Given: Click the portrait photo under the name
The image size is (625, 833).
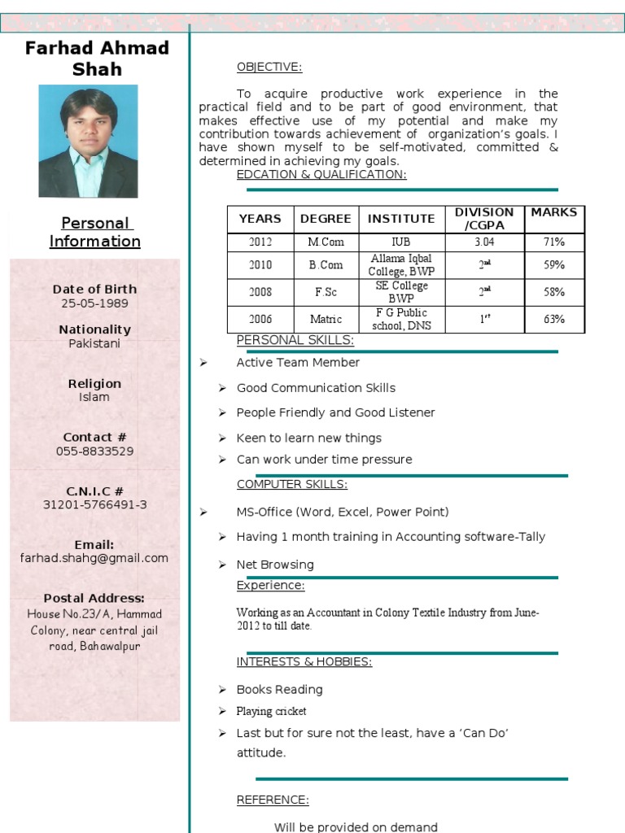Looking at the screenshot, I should coord(88,141).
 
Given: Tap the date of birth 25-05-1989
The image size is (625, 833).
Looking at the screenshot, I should coord(94,303).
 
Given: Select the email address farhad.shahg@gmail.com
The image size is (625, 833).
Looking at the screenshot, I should coord(94,558).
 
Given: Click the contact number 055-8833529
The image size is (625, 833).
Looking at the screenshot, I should coord(94,451).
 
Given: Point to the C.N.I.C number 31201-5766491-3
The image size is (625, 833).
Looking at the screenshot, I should coord(94,504).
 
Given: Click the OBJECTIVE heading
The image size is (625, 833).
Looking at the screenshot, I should coord(269,67).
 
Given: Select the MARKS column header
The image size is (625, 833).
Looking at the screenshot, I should coord(553,212).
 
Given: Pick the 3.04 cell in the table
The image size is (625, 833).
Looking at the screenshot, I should coord(484,242).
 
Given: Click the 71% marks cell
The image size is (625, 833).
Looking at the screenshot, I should coord(554,242).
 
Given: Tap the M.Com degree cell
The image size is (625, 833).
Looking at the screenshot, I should coord(326,242).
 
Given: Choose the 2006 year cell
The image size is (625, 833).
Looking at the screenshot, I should coord(260,319).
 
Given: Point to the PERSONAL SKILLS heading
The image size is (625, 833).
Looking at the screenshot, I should coord(295,340).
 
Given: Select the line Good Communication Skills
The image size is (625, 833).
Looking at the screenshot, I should coord(316,388).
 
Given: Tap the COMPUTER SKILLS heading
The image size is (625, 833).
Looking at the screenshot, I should coord(291,485).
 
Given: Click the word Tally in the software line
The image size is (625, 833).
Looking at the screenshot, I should coord(532,537).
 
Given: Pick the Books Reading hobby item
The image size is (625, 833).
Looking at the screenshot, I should coord(279,690).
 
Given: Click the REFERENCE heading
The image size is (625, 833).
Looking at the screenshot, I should coord(272,800).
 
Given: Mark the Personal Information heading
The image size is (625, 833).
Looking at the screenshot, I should coord(94,232).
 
